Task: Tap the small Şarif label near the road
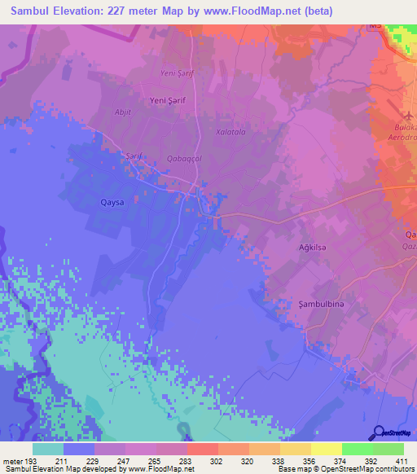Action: tap(134, 155)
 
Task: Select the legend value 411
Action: tap(402, 461)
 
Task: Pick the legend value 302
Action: tap(217, 461)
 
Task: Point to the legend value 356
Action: tap(309, 461)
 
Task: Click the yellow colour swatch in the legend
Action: tap(326, 449)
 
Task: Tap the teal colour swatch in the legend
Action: tap(48, 449)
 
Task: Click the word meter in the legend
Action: tap(13, 461)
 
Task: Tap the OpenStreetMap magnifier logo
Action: tap(379, 432)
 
